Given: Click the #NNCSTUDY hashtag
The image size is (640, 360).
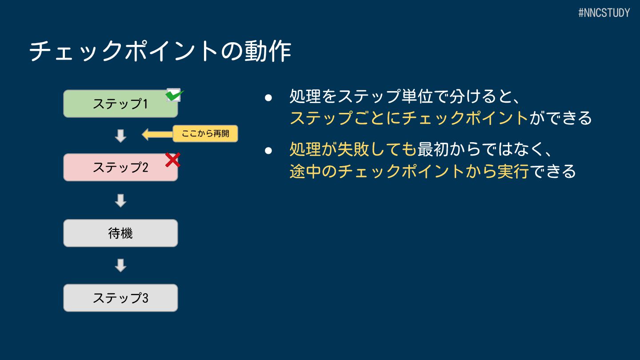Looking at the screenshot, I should (604, 13).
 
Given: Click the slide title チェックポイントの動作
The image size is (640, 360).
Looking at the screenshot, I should (160, 52).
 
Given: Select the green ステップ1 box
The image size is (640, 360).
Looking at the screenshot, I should (120, 104).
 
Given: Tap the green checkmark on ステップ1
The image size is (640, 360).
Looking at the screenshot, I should (174, 95).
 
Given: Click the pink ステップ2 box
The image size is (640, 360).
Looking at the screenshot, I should (120, 168).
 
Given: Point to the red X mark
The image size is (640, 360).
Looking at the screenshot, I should (172, 160).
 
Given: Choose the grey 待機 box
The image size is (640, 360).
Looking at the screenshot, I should (120, 233).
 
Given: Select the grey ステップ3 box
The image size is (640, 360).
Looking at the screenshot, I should (120, 298).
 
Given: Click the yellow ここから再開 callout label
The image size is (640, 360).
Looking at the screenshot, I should (205, 133).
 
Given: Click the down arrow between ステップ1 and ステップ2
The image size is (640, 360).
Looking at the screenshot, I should (120, 136).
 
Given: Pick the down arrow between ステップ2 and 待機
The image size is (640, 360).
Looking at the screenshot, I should (120, 200).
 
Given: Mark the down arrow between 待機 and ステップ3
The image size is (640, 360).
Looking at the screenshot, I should (120, 265).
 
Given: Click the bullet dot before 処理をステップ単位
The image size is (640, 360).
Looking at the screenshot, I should (268, 97).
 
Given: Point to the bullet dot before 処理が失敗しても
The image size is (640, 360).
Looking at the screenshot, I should (268, 150).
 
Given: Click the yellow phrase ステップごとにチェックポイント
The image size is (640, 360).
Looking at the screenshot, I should (409, 118).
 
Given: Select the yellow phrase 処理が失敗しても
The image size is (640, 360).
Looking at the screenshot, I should (353, 150).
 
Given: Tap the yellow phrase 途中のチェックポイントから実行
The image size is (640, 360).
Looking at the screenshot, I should (409, 171).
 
